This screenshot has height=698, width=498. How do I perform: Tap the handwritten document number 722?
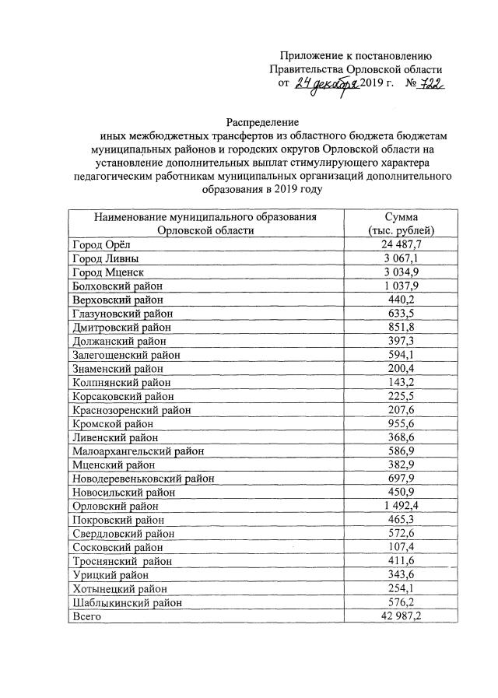pos(428,83)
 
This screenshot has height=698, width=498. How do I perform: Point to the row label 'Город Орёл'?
pos(100,245)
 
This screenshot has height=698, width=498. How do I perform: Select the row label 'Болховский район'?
pos(117,286)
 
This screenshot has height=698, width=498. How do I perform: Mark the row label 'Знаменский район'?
pos(117,368)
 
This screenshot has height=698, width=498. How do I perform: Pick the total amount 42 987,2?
pos(404,616)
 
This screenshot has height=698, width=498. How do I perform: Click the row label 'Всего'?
pos(86,616)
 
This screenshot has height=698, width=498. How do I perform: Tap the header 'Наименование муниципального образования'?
pos(205,216)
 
